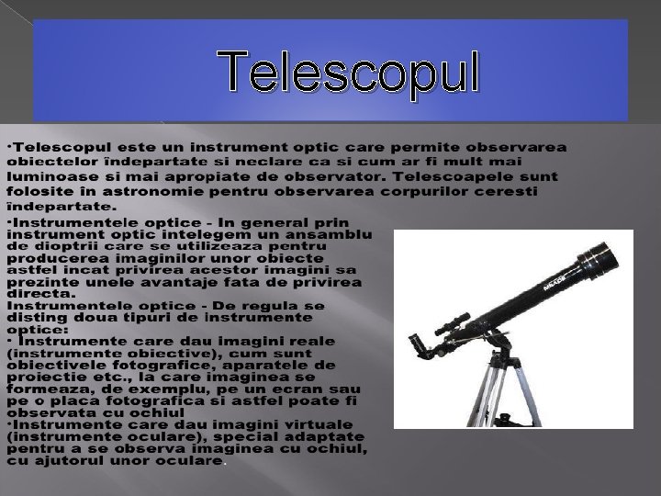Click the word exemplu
tap(157, 389)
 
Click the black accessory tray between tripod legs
tap(503, 421)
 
